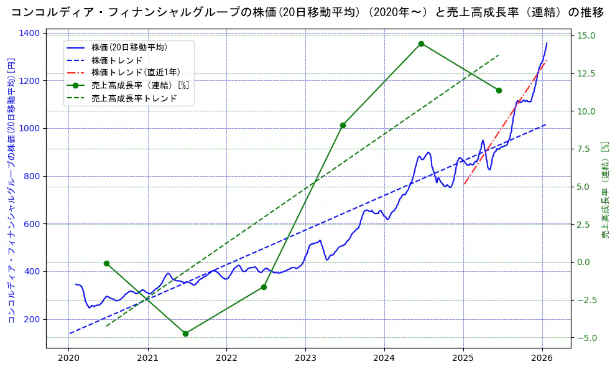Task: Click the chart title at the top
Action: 307,12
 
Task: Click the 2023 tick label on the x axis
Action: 305,358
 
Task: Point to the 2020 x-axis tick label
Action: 69,358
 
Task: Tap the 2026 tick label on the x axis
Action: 542,358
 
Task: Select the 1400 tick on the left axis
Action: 31,33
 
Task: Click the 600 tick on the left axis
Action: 34,224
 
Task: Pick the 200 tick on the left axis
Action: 34,319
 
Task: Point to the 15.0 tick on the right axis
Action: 585,35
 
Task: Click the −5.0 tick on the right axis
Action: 585,338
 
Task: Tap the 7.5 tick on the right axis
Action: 585,149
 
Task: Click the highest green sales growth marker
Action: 421,44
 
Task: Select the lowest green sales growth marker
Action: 185,334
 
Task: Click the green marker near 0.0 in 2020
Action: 106,263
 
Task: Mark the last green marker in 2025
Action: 499,90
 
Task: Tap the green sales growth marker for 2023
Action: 343,125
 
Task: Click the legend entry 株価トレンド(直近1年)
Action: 136,72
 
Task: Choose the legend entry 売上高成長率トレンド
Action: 134,98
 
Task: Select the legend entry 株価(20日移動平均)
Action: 129,47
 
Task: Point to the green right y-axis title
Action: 604,190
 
